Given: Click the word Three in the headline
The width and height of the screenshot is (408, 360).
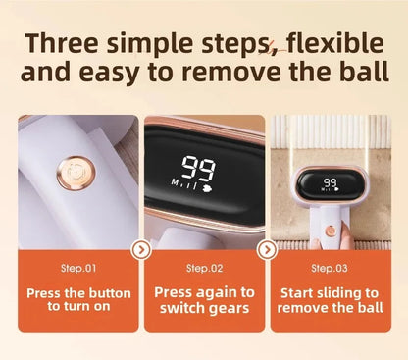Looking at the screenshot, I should [x=67, y=43].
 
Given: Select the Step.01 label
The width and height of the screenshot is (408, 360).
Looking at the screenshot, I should [x=78, y=267].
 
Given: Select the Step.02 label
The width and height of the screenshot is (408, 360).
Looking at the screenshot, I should [x=204, y=267].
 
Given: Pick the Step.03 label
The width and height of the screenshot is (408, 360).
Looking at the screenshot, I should [x=329, y=267].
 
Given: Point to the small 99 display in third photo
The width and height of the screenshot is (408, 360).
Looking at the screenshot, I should [x=330, y=183].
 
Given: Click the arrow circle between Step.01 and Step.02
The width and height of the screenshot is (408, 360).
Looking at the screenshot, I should [x=141, y=250].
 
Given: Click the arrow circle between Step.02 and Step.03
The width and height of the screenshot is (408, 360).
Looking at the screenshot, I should [x=267, y=250].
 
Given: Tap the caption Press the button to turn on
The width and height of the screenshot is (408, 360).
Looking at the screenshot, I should [x=78, y=299].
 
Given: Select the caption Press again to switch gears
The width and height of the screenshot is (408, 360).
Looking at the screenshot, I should [x=204, y=299].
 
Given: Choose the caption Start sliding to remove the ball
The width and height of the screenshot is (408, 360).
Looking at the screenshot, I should [x=329, y=299].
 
